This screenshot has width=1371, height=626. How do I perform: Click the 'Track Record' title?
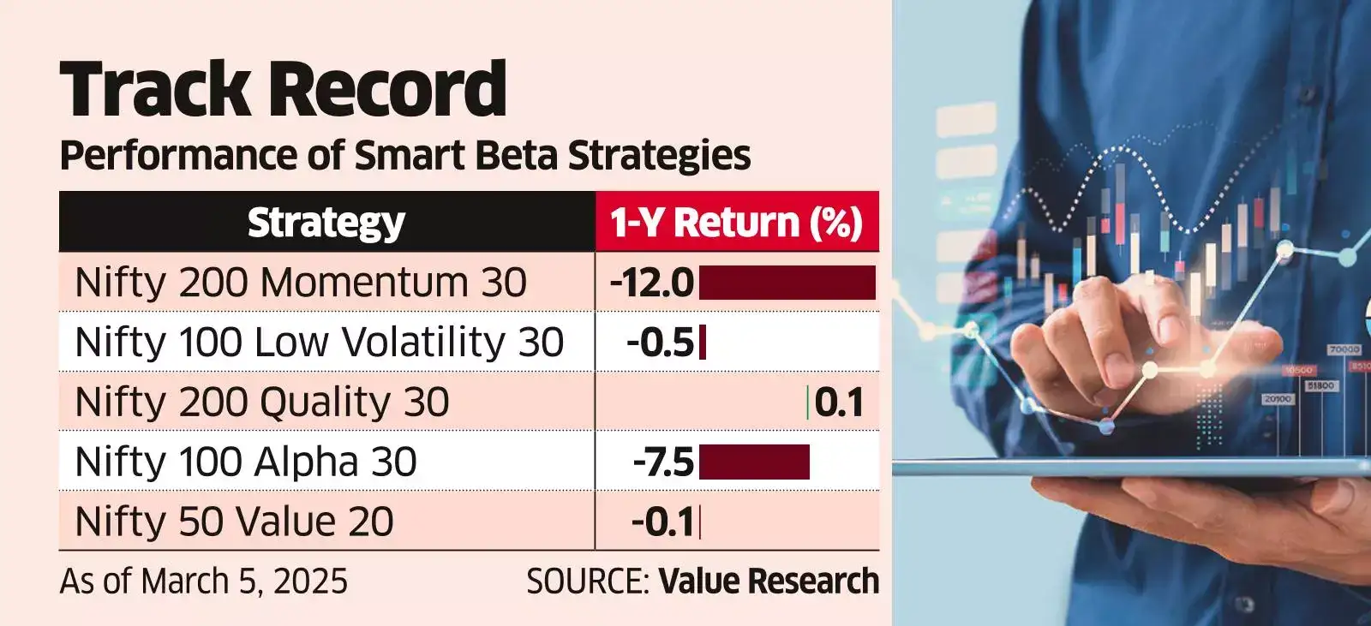(x=283, y=89)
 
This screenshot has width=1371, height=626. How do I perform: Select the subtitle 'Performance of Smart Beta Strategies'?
(x=404, y=156)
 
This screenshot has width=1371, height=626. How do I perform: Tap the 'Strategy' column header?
(x=326, y=222)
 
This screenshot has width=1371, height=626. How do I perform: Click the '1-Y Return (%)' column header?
(x=736, y=222)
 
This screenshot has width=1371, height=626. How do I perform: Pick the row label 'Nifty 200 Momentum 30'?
(x=300, y=283)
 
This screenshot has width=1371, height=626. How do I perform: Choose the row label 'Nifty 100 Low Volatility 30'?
(x=319, y=343)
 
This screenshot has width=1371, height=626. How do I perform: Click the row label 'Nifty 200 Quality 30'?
(x=261, y=402)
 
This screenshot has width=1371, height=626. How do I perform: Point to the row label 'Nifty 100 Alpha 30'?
(x=246, y=462)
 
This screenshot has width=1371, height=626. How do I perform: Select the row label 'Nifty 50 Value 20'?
(x=234, y=522)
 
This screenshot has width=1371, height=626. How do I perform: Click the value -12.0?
(x=652, y=283)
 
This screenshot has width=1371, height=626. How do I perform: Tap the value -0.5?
(x=660, y=343)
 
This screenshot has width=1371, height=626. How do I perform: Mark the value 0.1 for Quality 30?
(x=839, y=402)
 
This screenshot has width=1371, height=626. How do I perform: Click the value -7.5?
(x=663, y=462)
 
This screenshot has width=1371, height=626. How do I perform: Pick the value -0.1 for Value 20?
(x=662, y=522)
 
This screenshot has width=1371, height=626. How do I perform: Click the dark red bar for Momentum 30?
(x=787, y=283)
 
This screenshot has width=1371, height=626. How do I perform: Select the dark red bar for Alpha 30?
(x=754, y=462)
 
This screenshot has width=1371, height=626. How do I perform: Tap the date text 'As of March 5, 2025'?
(x=204, y=581)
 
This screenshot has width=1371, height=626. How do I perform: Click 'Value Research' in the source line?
(x=769, y=581)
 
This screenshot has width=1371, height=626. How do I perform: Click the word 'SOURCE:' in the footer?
(x=588, y=581)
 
